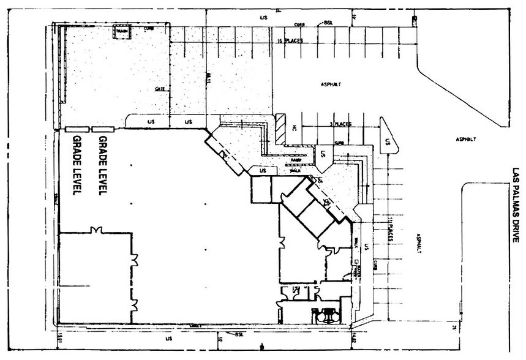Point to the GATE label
(160, 89)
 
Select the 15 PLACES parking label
(290, 41)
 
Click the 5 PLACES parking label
(340, 124)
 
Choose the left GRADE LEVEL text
(78, 165)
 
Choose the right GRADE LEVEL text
(103, 165)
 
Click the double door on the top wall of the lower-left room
(95, 230)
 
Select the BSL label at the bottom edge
(239, 334)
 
